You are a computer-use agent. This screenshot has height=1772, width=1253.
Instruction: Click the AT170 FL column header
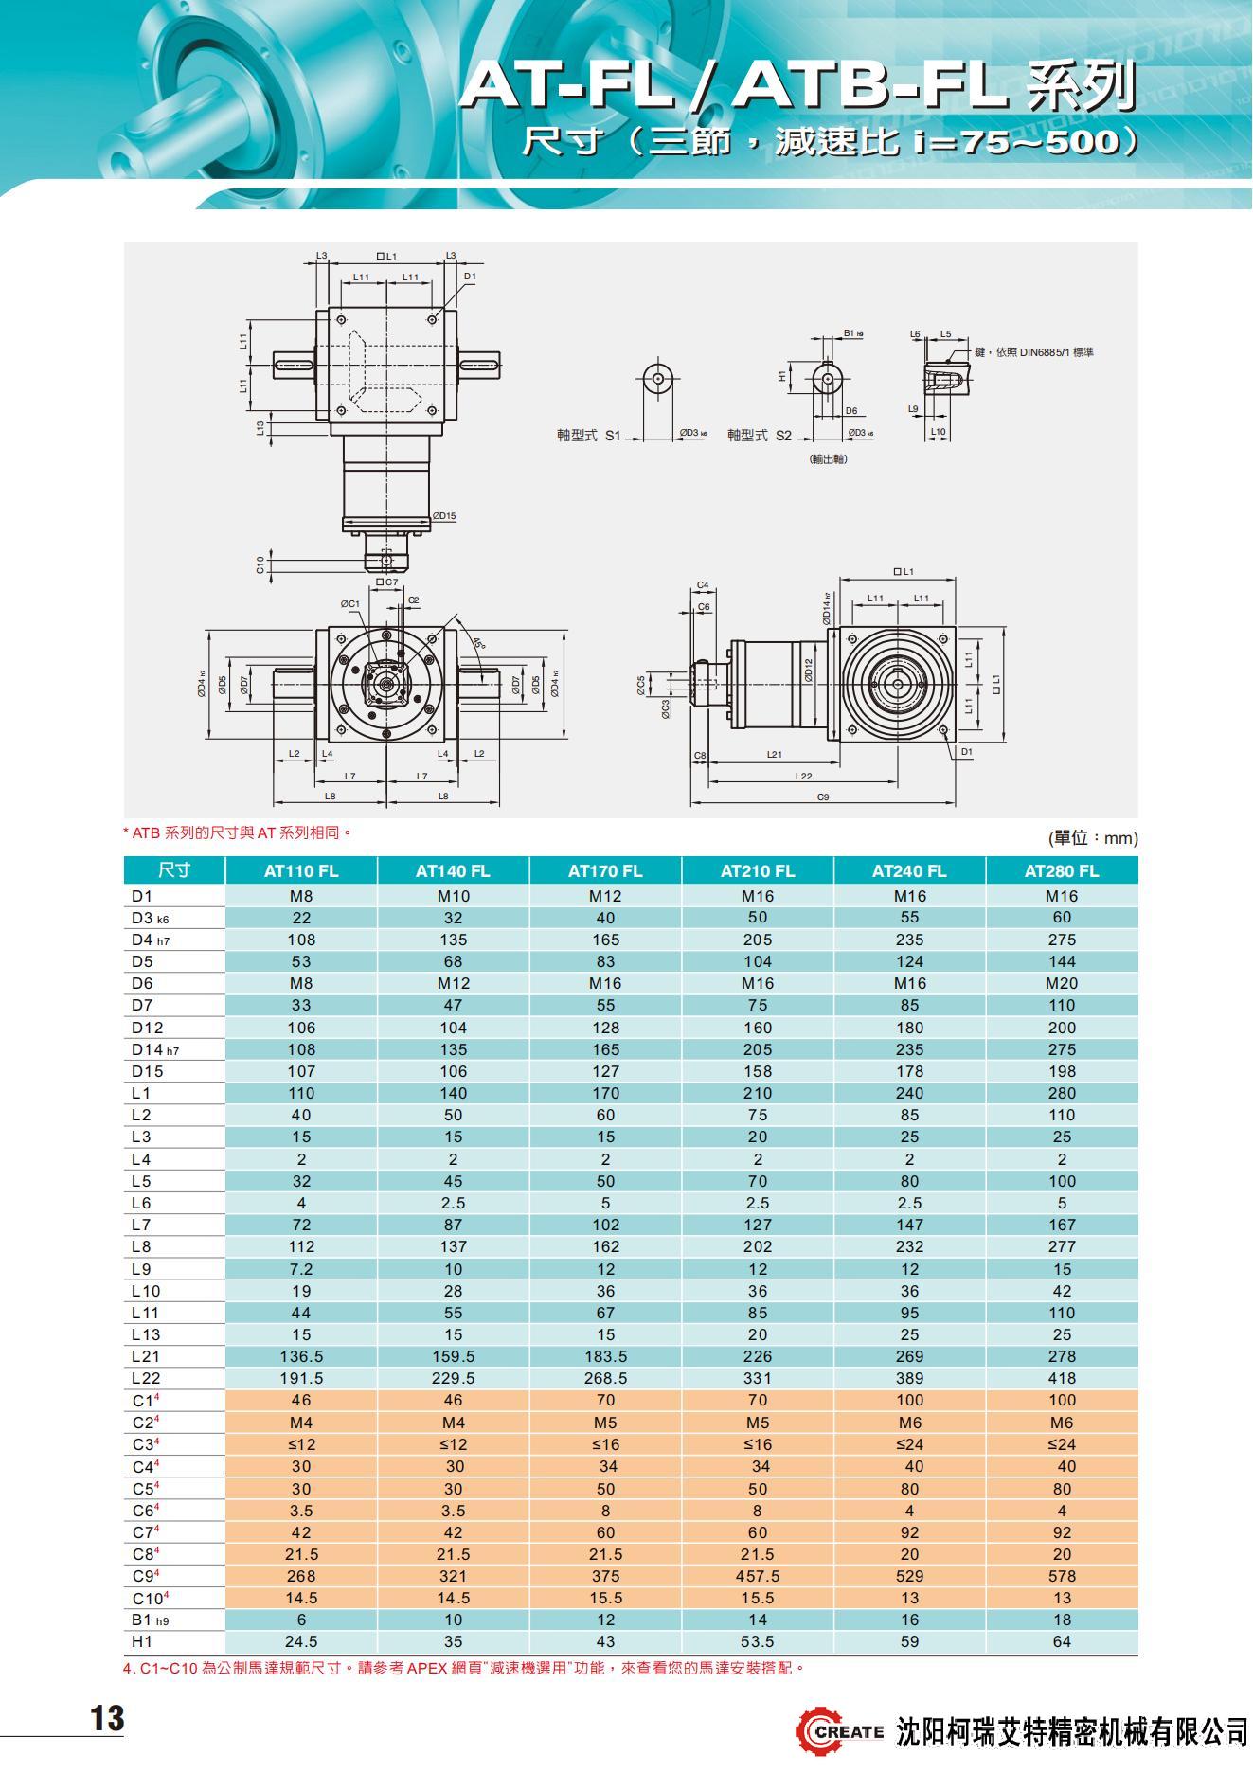tap(605, 871)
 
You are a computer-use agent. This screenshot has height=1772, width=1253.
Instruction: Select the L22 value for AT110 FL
tap(301, 1378)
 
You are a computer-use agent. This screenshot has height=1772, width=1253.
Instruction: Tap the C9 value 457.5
tap(758, 1576)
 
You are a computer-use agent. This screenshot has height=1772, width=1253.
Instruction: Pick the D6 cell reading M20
tap(1062, 983)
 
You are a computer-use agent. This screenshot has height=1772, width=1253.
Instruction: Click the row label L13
tap(146, 1334)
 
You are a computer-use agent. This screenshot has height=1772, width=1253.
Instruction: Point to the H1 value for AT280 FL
tap(1062, 1641)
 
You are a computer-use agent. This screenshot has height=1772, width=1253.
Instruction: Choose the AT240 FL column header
tap(909, 871)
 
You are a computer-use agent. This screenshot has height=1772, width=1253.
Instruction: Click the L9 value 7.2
tap(301, 1269)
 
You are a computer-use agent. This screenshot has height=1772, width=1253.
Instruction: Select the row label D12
tap(148, 1028)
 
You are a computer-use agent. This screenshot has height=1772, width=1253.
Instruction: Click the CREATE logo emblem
tap(816, 1731)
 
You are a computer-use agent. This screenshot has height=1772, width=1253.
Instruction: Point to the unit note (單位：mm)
tap(1093, 838)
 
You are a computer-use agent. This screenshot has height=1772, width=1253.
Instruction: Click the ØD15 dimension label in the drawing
tap(443, 516)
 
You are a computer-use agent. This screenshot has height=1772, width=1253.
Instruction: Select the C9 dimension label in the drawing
tap(823, 797)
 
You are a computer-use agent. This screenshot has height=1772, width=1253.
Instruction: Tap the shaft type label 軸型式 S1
tap(588, 436)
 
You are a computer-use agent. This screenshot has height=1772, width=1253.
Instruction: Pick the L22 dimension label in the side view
tap(803, 776)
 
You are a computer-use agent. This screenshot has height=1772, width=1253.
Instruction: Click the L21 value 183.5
tap(605, 1356)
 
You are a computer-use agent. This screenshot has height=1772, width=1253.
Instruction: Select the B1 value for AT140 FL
tap(454, 1620)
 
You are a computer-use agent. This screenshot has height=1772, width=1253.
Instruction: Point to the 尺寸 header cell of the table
tap(174, 871)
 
